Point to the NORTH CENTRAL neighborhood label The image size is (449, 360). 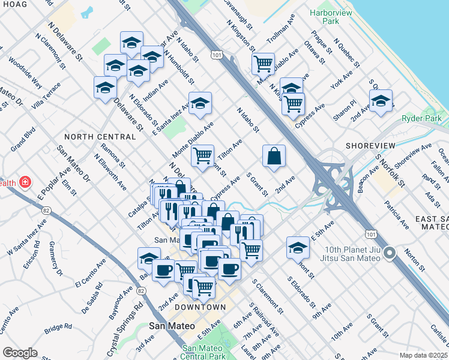tap(92, 136)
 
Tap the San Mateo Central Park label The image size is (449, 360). tap(203, 352)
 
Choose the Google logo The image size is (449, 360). tap(20, 353)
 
